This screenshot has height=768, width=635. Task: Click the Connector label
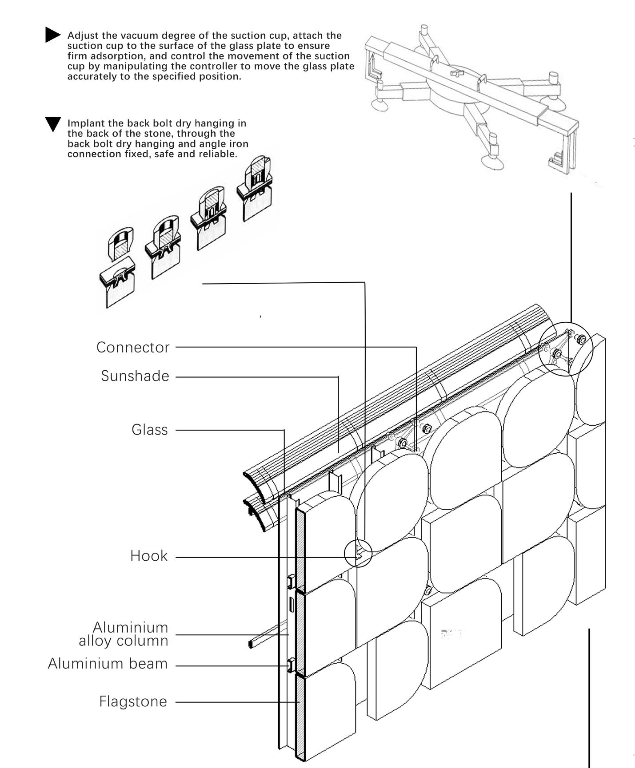click(133, 347)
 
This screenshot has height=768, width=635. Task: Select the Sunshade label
click(135, 376)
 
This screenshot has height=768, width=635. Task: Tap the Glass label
click(150, 430)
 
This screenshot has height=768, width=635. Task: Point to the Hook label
click(149, 556)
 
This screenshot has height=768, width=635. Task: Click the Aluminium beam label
click(108, 664)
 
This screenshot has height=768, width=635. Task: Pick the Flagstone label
click(133, 701)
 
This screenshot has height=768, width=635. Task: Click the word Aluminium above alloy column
click(131, 627)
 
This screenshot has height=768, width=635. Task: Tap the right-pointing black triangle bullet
click(52, 35)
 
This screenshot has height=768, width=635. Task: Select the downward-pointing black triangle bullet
click(53, 124)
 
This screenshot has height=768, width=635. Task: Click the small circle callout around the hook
click(358, 553)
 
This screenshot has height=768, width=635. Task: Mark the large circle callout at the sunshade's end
click(566, 349)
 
